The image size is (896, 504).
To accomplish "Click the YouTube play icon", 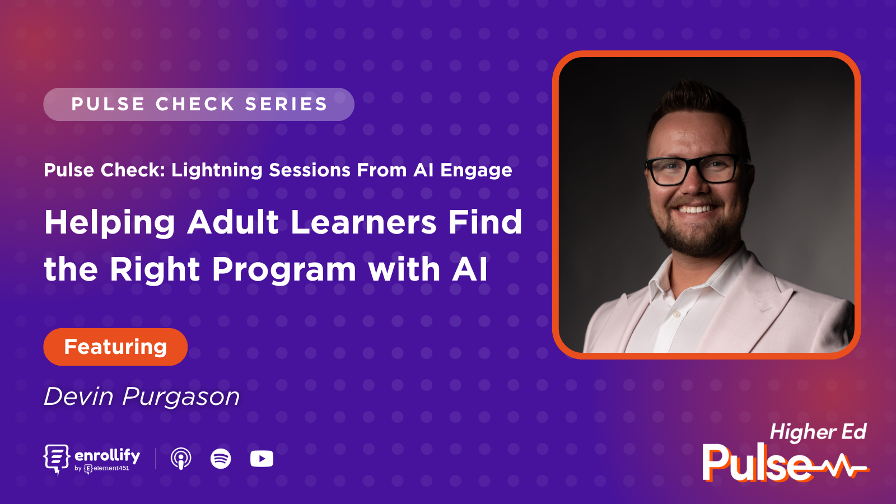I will click(x=262, y=459).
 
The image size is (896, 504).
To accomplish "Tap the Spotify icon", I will click(x=221, y=459).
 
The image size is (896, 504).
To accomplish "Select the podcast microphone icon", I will click(x=180, y=459).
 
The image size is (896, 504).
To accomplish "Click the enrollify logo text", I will click(x=107, y=455).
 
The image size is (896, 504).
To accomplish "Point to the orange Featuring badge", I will click(x=115, y=347).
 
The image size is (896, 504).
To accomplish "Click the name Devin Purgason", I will click(x=142, y=396).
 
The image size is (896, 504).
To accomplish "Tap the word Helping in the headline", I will click(x=110, y=223).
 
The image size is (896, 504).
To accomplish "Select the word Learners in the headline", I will click(x=363, y=222).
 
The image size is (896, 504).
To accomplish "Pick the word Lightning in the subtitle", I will click(x=217, y=170).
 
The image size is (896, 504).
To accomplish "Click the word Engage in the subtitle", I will click(x=476, y=170).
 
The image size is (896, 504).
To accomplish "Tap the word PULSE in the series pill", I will click(x=109, y=104).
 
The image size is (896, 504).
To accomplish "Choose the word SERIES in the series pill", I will click(x=286, y=104).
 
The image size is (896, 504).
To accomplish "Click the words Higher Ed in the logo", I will click(x=818, y=432).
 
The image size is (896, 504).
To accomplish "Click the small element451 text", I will click(x=111, y=468).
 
